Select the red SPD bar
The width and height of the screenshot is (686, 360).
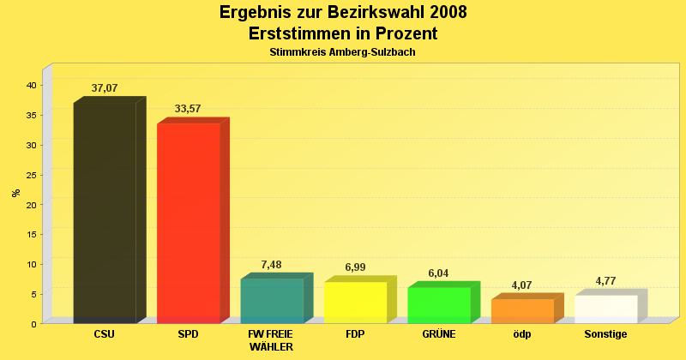click(x=188, y=223)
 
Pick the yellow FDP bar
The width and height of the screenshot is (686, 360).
click(x=355, y=302)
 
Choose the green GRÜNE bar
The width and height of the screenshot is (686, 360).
click(x=438, y=304)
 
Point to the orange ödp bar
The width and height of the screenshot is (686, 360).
click(x=522, y=310)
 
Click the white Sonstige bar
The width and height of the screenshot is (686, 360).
click(x=605, y=309)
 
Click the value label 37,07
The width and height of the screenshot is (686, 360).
click(x=105, y=88)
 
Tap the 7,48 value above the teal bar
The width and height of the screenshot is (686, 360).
click(x=271, y=265)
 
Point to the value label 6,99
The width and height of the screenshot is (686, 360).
click(x=355, y=267)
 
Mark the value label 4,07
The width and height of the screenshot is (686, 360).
click(x=522, y=285)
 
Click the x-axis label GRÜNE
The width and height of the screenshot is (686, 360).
click(x=438, y=334)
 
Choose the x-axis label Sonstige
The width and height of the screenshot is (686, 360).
click(x=605, y=334)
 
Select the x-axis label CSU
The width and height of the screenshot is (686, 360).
click(x=105, y=334)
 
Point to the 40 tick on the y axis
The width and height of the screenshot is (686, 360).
click(x=30, y=85)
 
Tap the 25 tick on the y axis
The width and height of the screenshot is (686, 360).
click(x=30, y=175)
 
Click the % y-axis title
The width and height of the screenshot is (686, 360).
click(x=15, y=192)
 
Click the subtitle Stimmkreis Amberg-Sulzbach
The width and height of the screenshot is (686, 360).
click(x=343, y=52)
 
